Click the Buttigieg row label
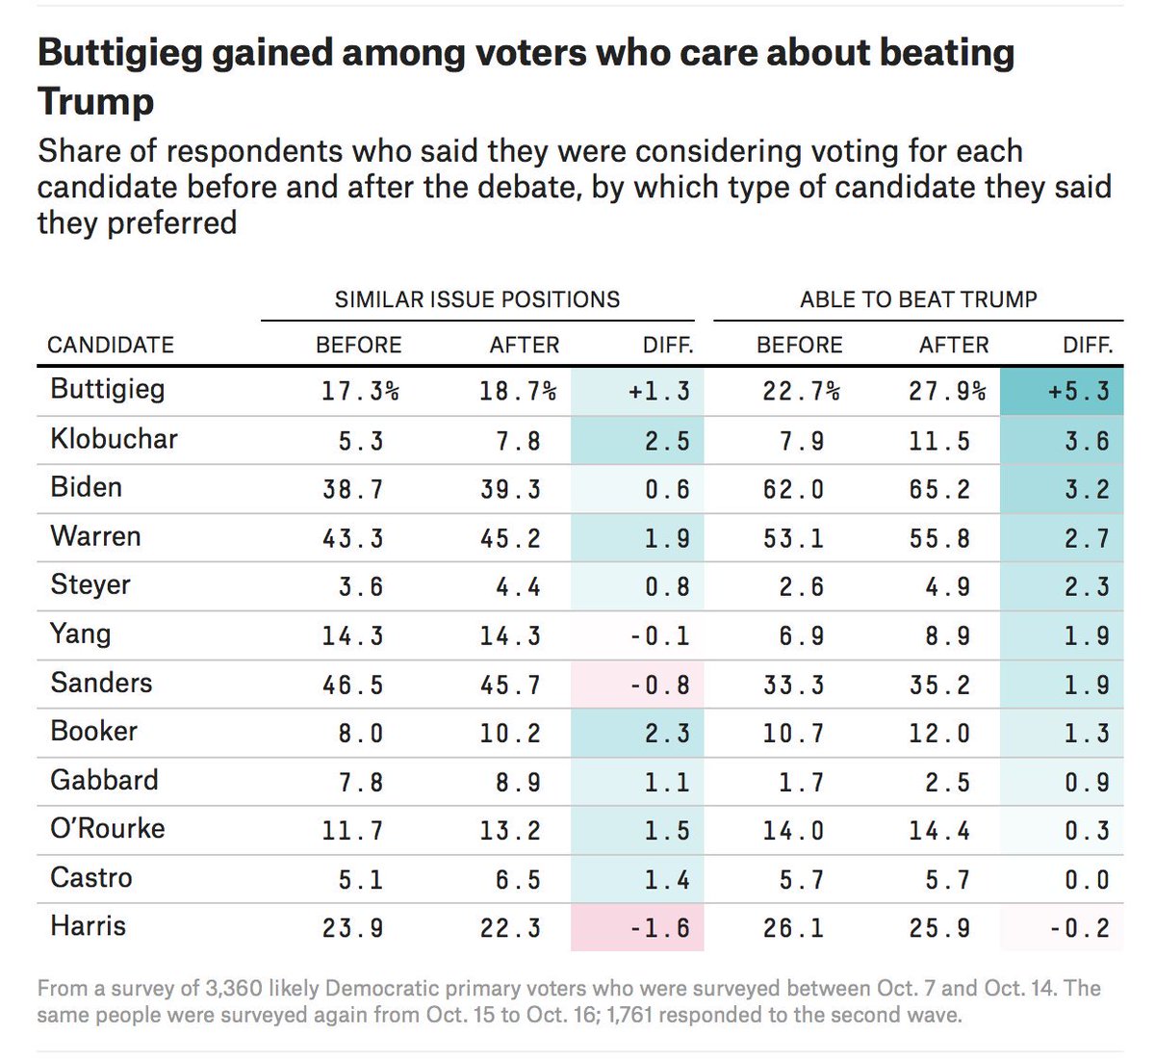[108, 390]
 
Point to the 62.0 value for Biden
[793, 489]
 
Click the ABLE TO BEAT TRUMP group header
[918, 299]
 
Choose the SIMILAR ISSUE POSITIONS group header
[477, 299]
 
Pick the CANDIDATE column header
[111, 345]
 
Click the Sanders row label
[101, 683]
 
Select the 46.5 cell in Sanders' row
[352, 685]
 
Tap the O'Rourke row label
[108, 829]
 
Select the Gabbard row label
[104, 780]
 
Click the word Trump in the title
[95, 101]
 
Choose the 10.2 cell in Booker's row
[509, 734]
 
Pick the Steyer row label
[90, 585]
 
